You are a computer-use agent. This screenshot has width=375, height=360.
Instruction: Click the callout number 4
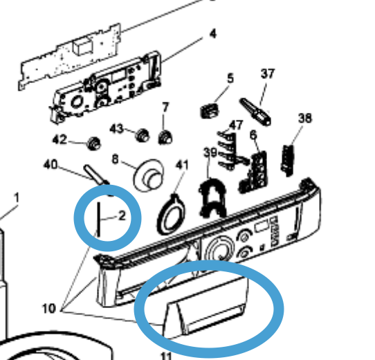213,34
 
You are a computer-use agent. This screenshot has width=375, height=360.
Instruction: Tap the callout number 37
268,73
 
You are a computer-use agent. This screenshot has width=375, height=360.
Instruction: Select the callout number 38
305,118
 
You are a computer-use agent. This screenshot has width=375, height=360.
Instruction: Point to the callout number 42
60,139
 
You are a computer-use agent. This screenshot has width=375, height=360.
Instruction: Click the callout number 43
116,129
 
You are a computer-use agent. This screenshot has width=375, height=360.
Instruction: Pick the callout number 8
116,159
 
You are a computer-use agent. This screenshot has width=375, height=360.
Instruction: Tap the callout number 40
51,165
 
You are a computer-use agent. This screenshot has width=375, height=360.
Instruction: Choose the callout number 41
182,165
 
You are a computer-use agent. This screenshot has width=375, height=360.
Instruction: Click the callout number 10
49,309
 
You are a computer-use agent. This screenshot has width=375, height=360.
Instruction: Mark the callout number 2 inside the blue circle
122,216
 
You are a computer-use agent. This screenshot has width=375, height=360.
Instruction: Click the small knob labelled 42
93,143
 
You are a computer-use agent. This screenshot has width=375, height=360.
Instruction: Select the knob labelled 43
143,136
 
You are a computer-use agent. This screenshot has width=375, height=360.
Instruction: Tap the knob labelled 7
165,137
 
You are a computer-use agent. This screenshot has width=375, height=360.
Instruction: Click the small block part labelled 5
209,111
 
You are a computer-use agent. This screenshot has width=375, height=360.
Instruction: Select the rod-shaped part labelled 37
255,112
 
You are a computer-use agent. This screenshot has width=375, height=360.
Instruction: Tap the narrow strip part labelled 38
288,161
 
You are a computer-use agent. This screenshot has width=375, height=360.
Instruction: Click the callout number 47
236,125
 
